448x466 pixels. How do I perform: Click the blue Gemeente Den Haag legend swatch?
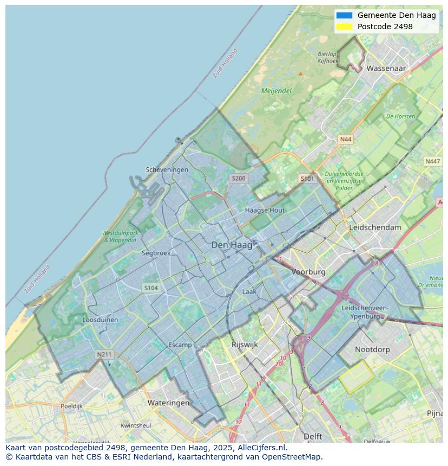point(344,15)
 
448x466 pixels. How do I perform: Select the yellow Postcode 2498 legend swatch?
point(344,27)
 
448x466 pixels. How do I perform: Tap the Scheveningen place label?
point(167,169)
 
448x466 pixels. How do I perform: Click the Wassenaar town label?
point(386,68)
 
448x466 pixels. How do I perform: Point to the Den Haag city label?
point(232,245)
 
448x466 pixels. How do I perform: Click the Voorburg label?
point(308,272)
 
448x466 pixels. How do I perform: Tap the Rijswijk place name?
point(245,344)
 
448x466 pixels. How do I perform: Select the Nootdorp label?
point(372,350)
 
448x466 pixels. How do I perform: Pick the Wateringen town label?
point(168,403)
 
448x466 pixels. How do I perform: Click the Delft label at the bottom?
point(313,436)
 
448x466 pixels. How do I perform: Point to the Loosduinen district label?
point(100,320)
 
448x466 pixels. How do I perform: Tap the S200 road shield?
point(238,178)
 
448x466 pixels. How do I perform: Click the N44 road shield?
point(345,140)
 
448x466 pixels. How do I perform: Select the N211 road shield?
point(104,355)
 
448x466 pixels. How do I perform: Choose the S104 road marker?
point(151,288)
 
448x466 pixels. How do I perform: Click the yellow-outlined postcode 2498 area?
point(357,377)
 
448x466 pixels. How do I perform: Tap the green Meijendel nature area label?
point(276,91)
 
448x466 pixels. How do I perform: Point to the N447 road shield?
point(432,161)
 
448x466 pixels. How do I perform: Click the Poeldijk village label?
point(71,406)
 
